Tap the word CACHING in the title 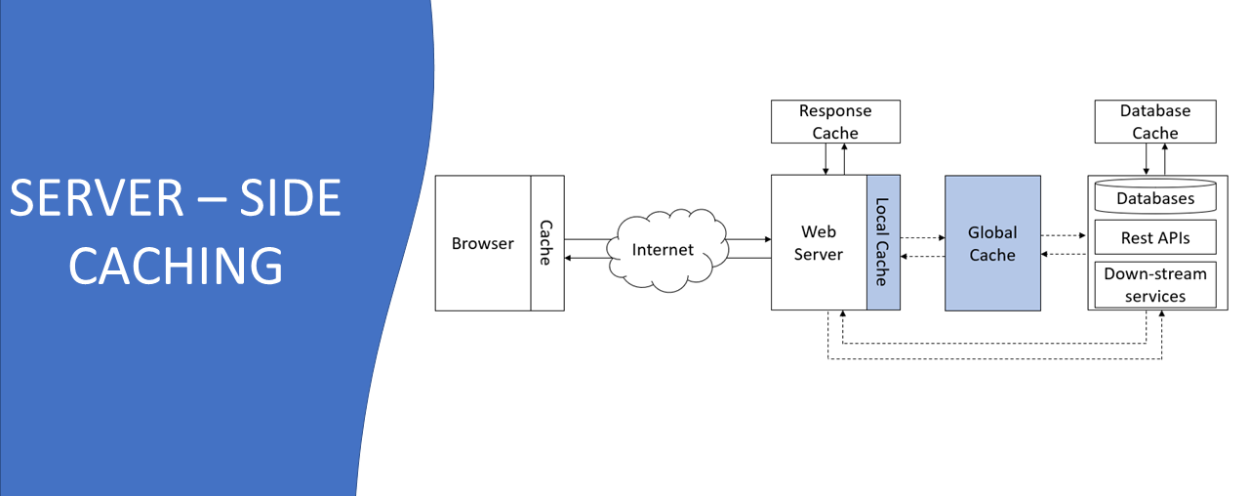177,265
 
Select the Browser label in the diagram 482,243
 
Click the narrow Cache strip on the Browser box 546,243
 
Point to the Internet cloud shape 664,249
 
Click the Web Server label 819,243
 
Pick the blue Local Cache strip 883,243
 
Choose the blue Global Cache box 992,243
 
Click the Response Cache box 835,121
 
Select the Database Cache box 1155,121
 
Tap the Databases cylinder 1155,197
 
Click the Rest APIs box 1155,237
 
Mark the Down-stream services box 1155,285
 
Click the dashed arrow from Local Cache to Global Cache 922,236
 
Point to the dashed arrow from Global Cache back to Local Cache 922,256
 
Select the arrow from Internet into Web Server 746,238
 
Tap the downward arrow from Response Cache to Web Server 826,159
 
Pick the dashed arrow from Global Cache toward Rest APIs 1064,235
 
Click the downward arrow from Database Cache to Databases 1146,159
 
